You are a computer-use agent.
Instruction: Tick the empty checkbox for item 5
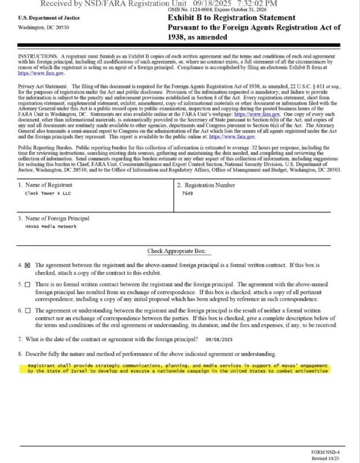tap(27, 285)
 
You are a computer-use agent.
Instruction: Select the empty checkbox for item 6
tap(27, 311)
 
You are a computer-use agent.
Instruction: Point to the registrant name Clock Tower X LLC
tap(48, 194)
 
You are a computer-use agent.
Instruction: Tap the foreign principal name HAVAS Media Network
tap(51, 226)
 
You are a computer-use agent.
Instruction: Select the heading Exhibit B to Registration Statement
tap(232, 18)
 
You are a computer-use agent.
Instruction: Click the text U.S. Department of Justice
tap(44, 18)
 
